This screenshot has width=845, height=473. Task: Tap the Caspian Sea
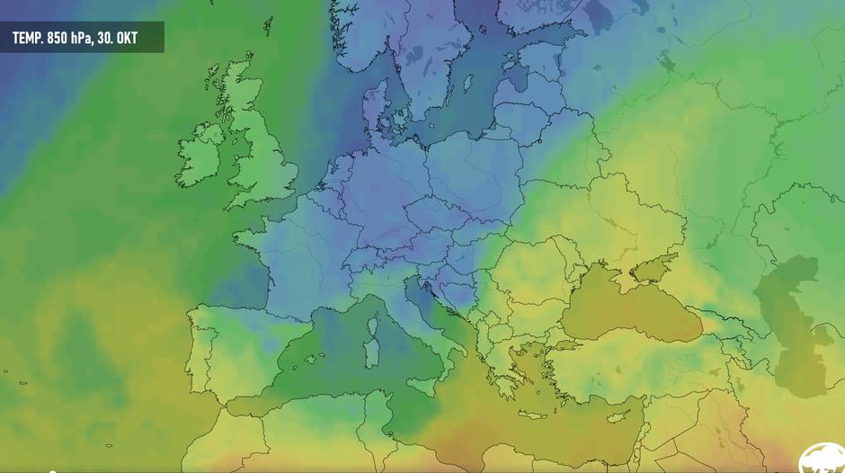click(791, 315)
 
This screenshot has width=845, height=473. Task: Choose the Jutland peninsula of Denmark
click(373, 108)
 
